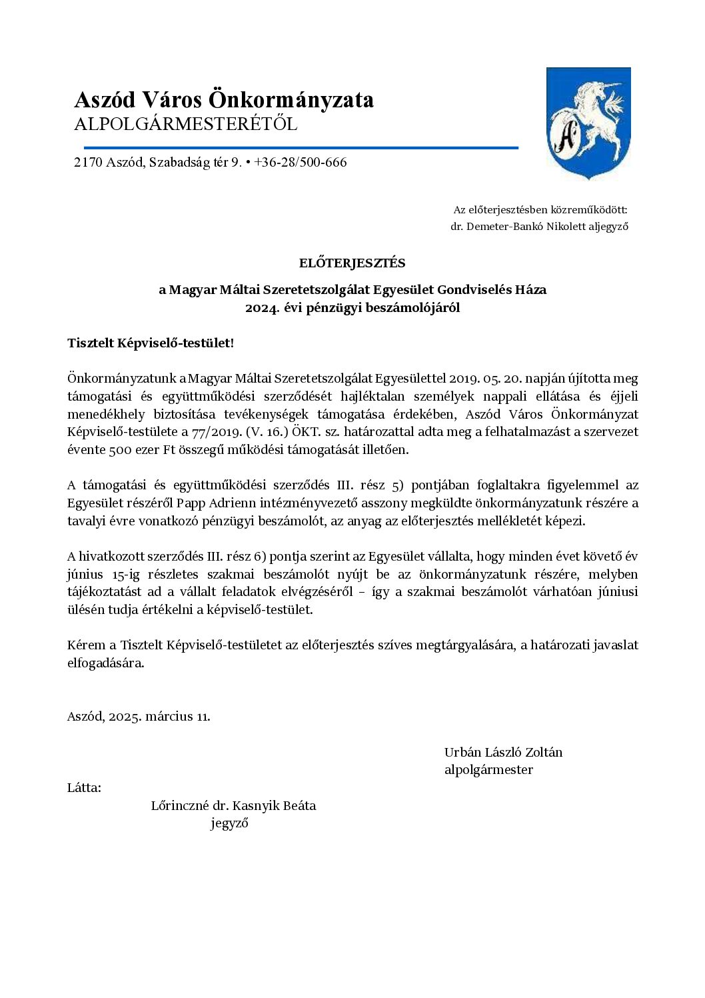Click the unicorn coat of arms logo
point(588,123)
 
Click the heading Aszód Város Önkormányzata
point(224,100)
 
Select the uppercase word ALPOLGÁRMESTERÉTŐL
point(186,125)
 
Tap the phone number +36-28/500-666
point(301,163)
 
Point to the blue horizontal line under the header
point(301,147)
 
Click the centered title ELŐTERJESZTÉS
point(352,263)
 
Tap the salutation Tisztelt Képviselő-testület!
point(151,343)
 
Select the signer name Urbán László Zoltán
point(503,753)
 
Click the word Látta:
point(84,788)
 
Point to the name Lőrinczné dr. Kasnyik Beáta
point(233,806)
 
